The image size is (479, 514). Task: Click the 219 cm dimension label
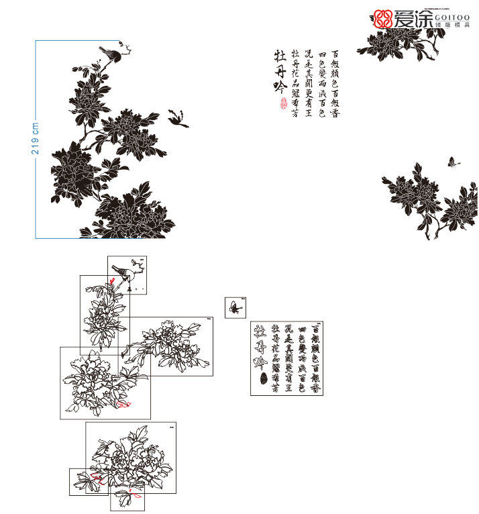35,138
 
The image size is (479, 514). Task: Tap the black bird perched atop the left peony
111,52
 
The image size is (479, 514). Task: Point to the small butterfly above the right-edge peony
453,162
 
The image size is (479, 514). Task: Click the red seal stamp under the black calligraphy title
282,103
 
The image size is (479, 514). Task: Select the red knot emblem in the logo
383,19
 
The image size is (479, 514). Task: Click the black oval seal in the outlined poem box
262,378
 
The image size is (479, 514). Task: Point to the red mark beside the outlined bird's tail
113,281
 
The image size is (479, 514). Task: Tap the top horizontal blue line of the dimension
77,40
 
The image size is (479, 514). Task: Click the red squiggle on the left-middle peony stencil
123,404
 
